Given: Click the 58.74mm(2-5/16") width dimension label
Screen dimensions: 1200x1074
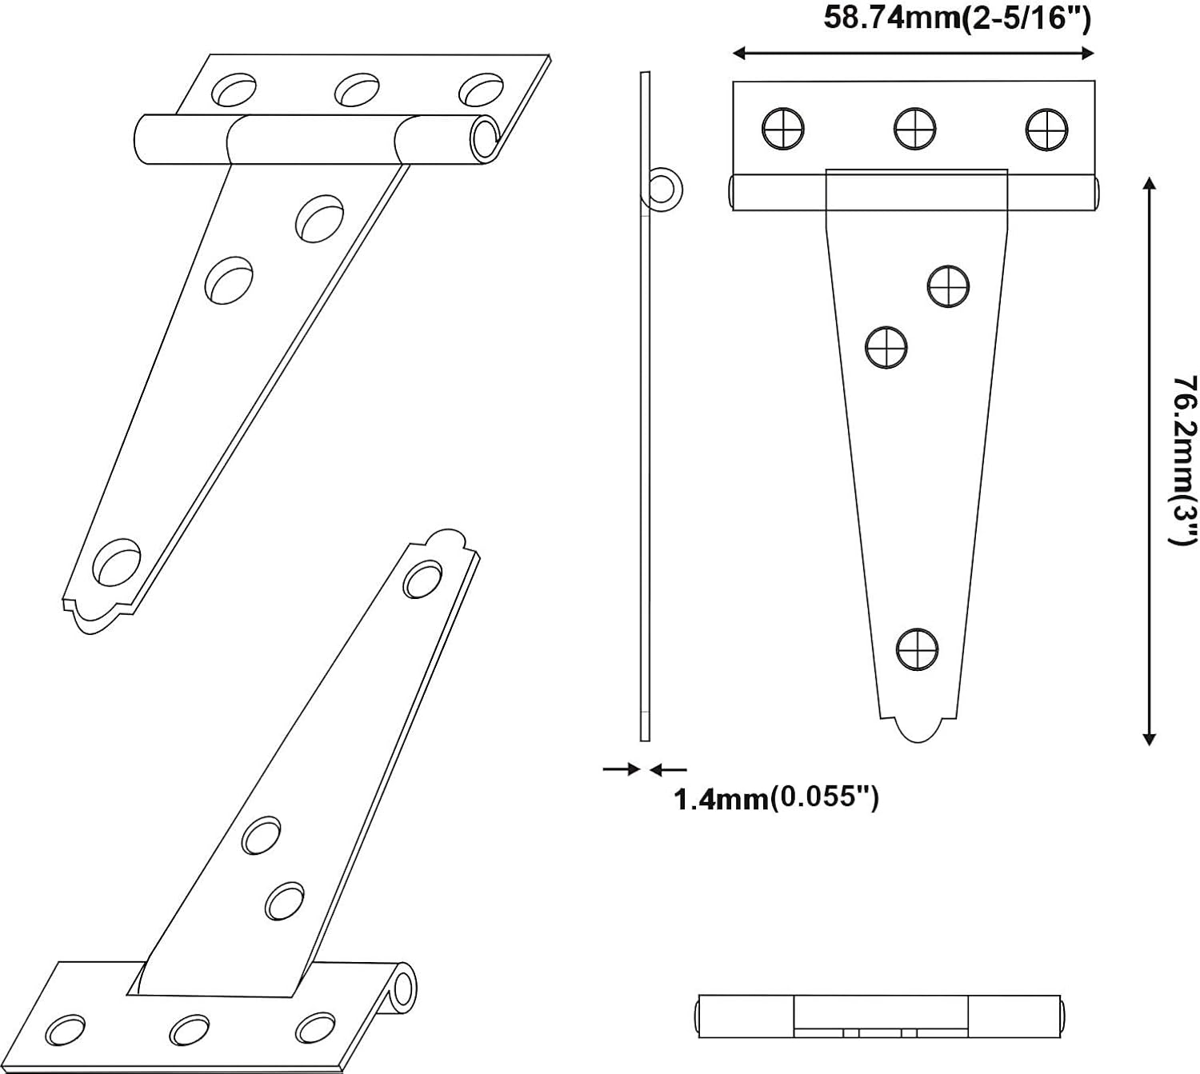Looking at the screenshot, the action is pos(957,18).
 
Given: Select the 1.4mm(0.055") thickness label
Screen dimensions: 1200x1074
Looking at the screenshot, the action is pos(777,798).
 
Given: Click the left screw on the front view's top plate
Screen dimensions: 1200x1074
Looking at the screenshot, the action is pos(783,128).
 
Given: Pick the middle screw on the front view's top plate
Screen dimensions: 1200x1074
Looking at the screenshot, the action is pos(915,128).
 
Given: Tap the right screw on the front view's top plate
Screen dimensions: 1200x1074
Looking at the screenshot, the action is pos(1046,128).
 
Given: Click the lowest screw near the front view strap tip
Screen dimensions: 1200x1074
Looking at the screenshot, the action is pos(917,649).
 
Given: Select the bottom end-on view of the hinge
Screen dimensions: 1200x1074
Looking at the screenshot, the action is pos(882,1016).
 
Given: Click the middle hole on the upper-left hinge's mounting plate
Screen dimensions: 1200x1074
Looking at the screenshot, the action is pos(356,89).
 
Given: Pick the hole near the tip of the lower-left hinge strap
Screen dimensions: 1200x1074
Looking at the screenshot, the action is pos(422,580).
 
